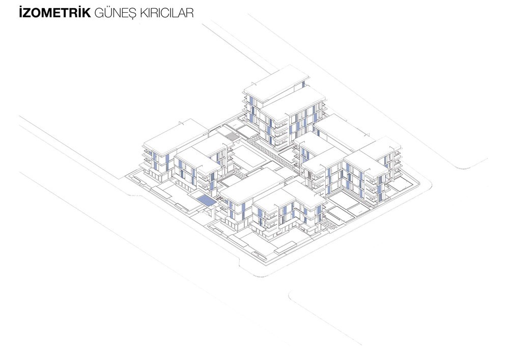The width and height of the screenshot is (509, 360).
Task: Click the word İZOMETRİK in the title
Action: pos(55,13)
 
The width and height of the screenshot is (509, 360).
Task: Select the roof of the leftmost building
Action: pos(176,136)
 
